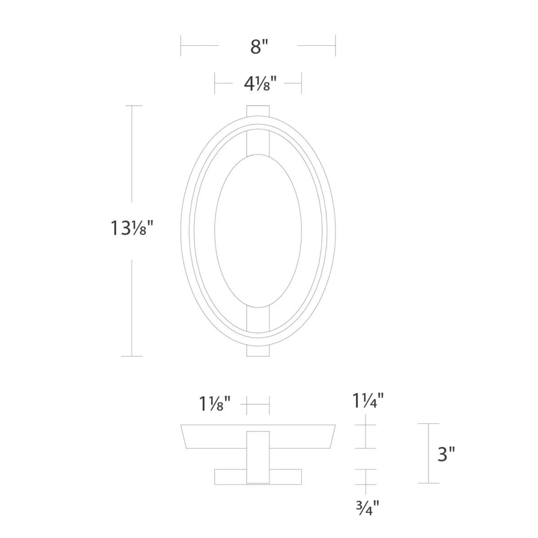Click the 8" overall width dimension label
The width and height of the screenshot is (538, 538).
(259, 47)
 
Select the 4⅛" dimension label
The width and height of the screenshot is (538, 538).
(260, 84)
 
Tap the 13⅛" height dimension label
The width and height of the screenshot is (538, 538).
(132, 228)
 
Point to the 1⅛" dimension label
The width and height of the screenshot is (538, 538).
(215, 404)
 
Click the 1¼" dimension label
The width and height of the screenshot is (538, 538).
(368, 401)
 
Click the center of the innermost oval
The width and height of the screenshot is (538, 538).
(258, 231)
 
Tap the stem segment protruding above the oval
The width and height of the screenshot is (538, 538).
(258, 110)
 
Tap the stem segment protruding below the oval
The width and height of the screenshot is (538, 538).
(258, 351)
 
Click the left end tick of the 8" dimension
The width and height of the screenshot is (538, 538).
(181, 45)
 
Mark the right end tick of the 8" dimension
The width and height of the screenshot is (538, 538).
(335, 45)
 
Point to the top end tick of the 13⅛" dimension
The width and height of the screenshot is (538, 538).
(132, 106)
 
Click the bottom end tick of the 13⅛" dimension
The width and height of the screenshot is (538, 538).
(132, 356)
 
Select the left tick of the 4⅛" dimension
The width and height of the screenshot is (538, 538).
(215, 83)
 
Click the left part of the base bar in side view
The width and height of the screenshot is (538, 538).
(230, 477)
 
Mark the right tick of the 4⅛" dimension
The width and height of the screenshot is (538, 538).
(301, 83)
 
